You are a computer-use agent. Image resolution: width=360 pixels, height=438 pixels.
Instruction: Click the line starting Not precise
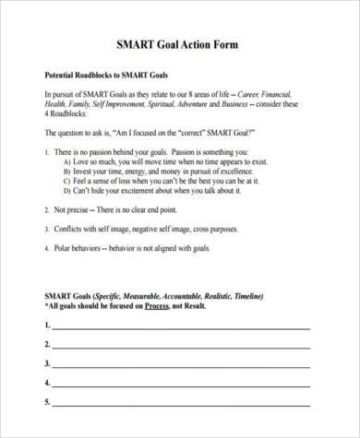(102, 210)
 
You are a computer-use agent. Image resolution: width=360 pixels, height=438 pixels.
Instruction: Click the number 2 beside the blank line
(46, 343)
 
